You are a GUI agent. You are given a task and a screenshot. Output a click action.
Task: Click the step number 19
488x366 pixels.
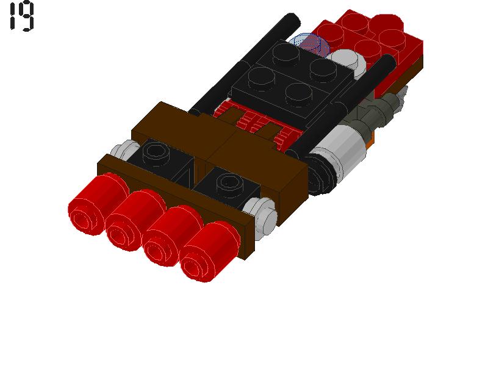pyautogui.click(x=21, y=16)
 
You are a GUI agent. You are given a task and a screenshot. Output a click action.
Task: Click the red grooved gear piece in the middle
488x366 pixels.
pyautogui.click(x=256, y=122)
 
